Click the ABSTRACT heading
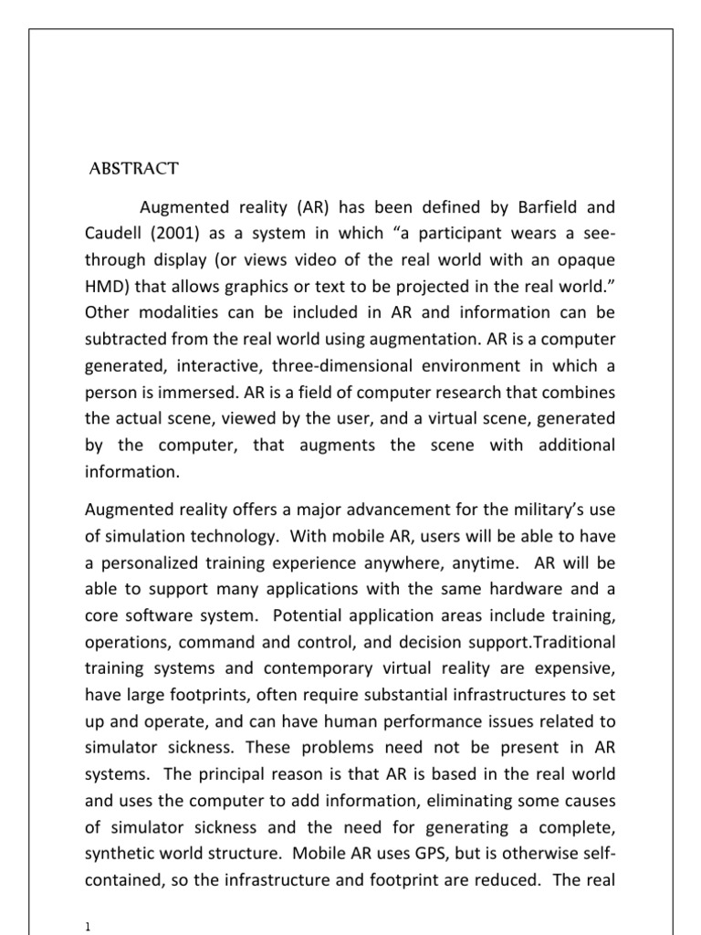point(133,169)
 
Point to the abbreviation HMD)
point(108,288)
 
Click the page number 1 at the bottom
point(86,926)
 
